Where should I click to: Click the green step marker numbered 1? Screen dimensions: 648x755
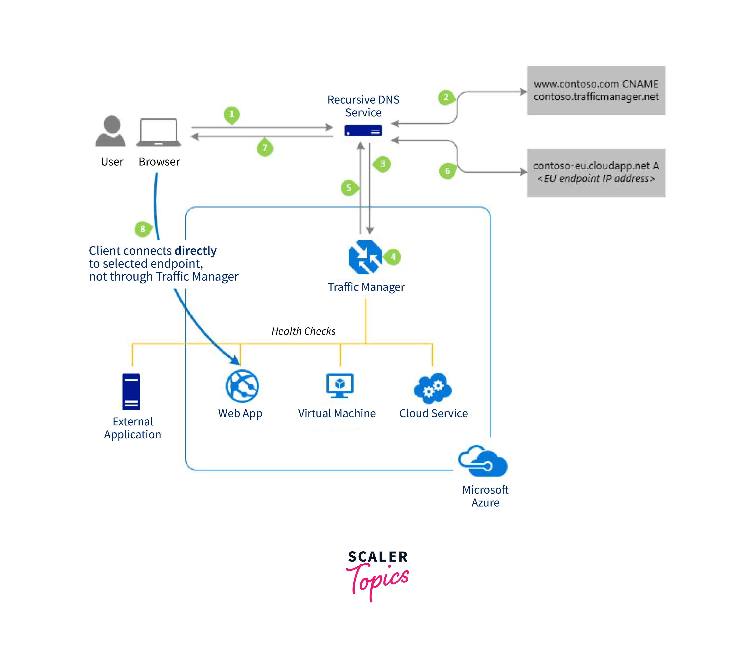click(x=232, y=114)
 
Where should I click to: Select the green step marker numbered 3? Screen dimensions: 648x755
click(x=383, y=164)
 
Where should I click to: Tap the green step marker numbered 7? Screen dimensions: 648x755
click(x=265, y=148)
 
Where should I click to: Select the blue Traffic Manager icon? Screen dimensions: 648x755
click(x=365, y=257)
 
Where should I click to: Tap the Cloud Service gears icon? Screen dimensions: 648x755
click(x=433, y=388)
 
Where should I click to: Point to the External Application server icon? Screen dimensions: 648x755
click(x=131, y=392)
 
